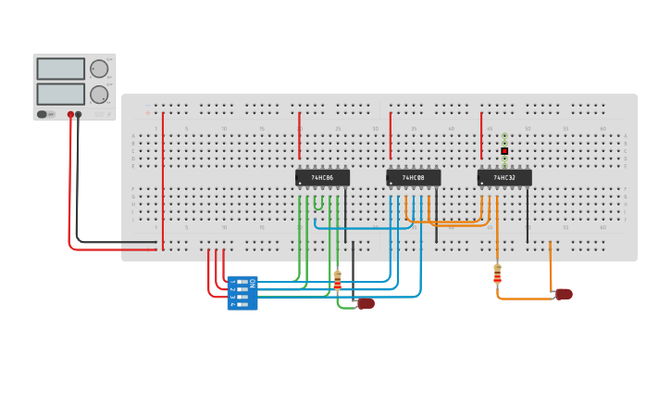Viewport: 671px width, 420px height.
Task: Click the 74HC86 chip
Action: (322, 177)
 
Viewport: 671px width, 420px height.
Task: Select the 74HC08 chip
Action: (413, 177)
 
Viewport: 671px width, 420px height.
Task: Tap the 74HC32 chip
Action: (504, 177)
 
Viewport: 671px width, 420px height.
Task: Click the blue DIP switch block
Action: (242, 293)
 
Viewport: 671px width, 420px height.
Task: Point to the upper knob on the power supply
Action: (98, 69)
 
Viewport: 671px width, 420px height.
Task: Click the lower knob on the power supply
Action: (98, 94)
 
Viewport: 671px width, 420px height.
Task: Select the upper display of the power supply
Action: (60, 69)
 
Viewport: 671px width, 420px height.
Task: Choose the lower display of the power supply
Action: (60, 94)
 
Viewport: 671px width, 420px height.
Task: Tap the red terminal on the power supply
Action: (69, 115)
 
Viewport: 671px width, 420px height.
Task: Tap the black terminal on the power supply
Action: (78, 115)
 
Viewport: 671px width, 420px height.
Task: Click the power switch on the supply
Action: (43, 114)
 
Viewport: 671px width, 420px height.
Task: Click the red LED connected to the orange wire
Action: (564, 294)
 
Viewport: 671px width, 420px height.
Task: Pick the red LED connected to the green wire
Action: (366, 303)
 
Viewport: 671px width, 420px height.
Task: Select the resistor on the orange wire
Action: (497, 274)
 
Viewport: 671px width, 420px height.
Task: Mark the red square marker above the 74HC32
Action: (504, 150)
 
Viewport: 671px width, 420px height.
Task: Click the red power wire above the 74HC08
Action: (391, 135)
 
